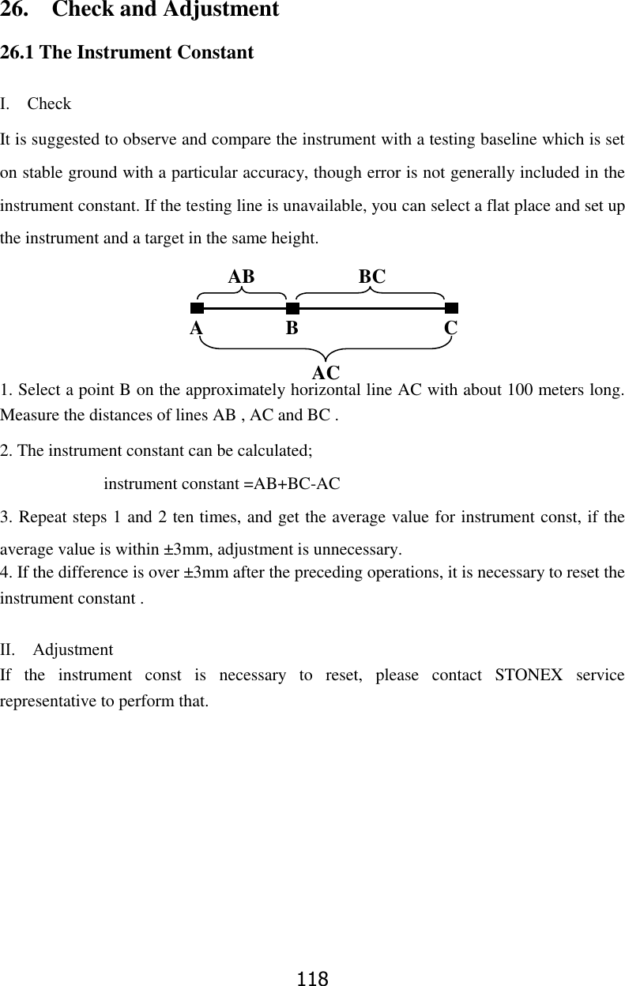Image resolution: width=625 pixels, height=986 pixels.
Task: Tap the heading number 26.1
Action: (x=17, y=53)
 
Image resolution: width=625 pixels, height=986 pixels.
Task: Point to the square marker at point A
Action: (x=197, y=308)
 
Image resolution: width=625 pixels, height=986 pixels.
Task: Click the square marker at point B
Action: (x=292, y=308)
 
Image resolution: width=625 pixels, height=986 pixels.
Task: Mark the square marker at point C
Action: (x=451, y=308)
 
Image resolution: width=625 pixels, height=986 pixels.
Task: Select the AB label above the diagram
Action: (x=242, y=277)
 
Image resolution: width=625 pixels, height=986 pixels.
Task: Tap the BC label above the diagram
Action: (x=372, y=277)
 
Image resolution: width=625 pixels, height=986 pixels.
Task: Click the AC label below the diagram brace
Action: (x=326, y=372)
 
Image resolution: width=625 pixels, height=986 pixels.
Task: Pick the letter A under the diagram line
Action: (x=196, y=328)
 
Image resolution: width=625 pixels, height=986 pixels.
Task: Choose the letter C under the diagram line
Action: (x=451, y=328)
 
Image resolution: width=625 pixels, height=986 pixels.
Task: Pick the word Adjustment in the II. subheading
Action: (x=73, y=650)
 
